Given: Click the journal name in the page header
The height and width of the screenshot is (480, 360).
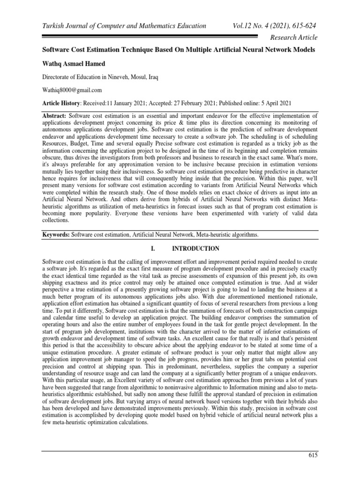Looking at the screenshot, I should pos(124,26).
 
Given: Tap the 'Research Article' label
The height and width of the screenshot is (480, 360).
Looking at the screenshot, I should pos(294,37).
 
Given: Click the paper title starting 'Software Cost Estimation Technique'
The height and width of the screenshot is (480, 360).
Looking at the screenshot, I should pos(179,50).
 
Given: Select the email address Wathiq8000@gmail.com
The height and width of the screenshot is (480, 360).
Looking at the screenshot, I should pos(72,90).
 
